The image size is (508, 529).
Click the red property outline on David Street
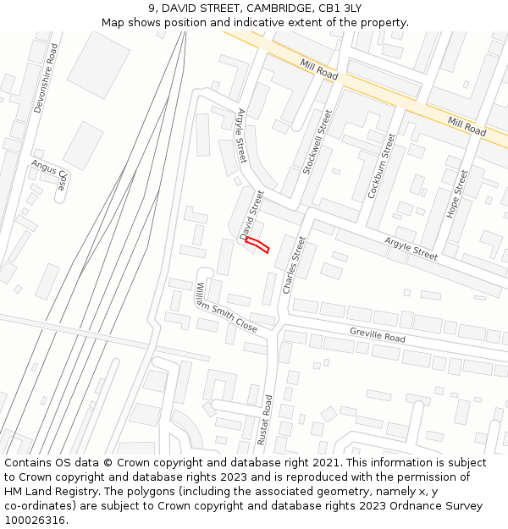tap(257, 245)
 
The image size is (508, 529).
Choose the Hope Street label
tap(456, 194)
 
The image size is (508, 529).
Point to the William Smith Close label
tap(226, 307)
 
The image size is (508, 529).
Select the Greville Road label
tap(378, 335)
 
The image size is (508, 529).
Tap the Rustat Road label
tap(268, 420)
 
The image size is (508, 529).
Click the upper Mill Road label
tap(318, 69)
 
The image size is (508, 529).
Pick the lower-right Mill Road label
tap(467, 127)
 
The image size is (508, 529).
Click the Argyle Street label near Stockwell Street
tap(241, 135)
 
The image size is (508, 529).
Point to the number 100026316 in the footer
tap(36, 521)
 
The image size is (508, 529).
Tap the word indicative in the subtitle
tap(257, 22)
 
